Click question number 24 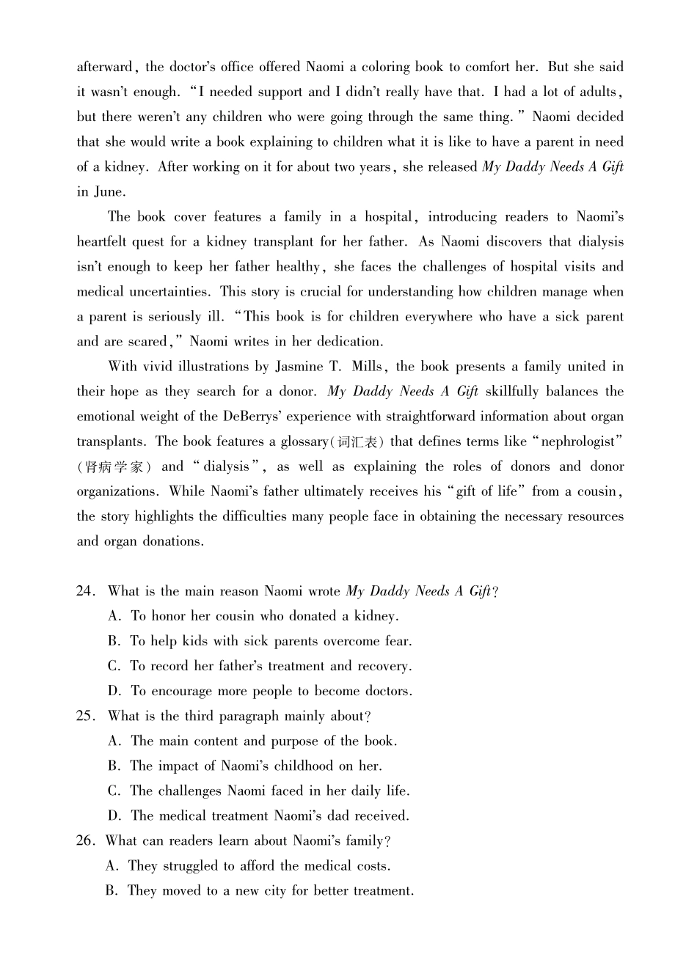pyautogui.click(x=86, y=591)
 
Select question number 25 pyautogui.click(x=86, y=716)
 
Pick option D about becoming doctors pyautogui.click(x=260, y=691)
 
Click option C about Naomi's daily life pyautogui.click(x=259, y=791)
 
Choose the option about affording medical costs pyautogui.click(x=248, y=865)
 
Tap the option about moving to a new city pyautogui.click(x=260, y=890)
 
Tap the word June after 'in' pyautogui.click(x=109, y=192)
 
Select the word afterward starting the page pyautogui.click(x=105, y=67)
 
